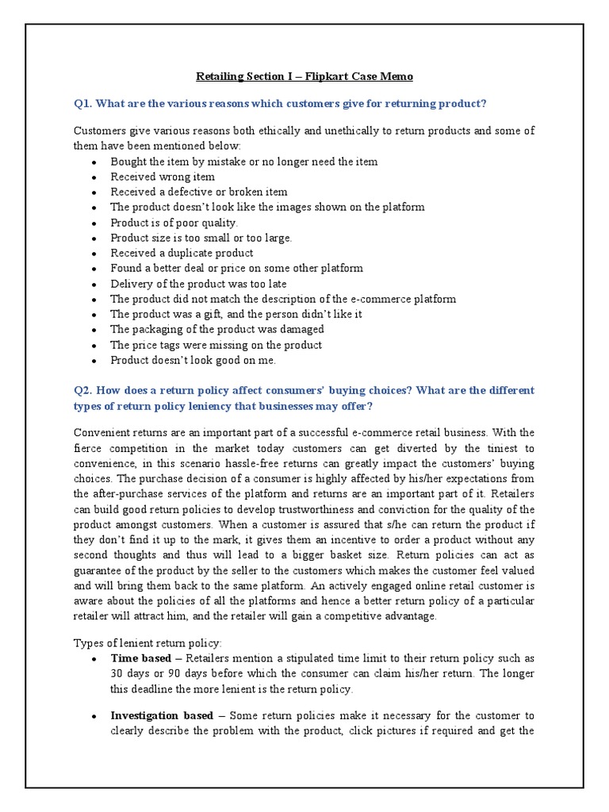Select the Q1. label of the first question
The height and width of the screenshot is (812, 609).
click(x=85, y=105)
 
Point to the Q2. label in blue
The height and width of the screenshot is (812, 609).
click(x=85, y=391)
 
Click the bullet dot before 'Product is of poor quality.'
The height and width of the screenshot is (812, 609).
click(x=94, y=224)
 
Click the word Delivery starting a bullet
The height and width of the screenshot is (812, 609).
click(x=132, y=284)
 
